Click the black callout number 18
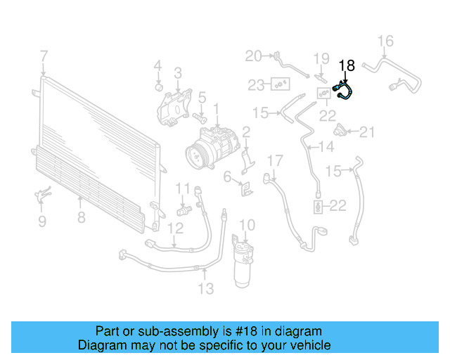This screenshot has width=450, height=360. [x=347, y=65]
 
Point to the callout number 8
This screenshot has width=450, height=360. [x=82, y=217]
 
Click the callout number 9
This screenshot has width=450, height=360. [x=41, y=222]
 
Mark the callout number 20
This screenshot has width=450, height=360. [x=253, y=56]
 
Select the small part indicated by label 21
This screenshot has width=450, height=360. [x=342, y=130]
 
